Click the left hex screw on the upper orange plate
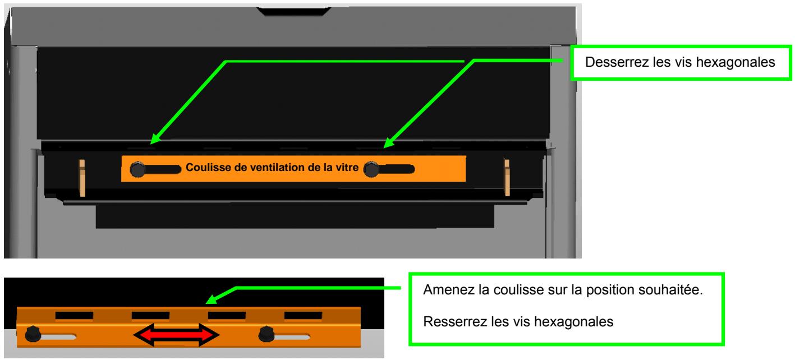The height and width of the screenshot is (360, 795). (x=137, y=170)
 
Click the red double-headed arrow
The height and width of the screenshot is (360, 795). (x=176, y=336)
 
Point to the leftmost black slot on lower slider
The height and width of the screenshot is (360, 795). (x=67, y=316)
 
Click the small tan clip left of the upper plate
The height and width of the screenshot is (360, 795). (x=82, y=178)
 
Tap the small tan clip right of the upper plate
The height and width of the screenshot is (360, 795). (x=507, y=178)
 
